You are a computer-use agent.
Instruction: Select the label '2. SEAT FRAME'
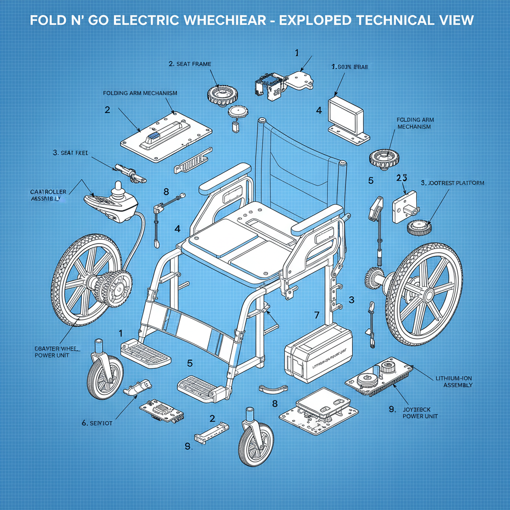pyautogui.click(x=189, y=64)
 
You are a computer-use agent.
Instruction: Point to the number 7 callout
pyautogui.click(x=316, y=315)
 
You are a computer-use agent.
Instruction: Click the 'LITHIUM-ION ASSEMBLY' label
pyautogui.click(x=454, y=382)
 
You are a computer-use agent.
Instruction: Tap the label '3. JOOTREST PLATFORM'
pyautogui.click(x=452, y=183)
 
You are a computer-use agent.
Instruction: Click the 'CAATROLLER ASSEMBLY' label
pyautogui.click(x=45, y=195)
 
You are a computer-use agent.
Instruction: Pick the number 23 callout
pyautogui.click(x=402, y=178)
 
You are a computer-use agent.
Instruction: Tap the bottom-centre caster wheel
pyautogui.click(x=256, y=440)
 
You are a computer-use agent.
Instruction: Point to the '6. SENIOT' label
pyautogui.click(x=97, y=423)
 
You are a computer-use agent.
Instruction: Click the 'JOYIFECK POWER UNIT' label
pyautogui.click(x=420, y=412)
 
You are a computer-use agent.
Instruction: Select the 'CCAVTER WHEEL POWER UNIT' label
pyautogui.click(x=52, y=352)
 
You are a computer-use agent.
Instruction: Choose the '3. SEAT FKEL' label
pyautogui.click(x=70, y=153)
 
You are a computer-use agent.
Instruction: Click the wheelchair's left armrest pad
pyautogui.click(x=225, y=178)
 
